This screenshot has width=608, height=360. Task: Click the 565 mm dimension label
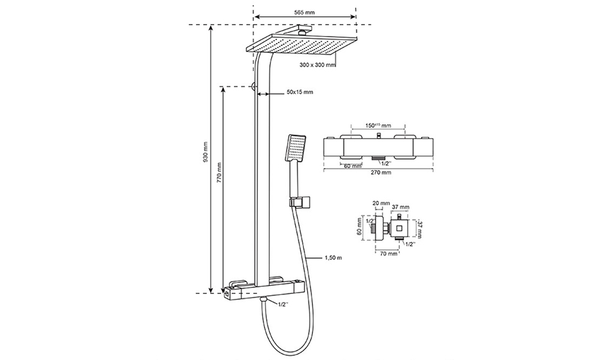point(305,12)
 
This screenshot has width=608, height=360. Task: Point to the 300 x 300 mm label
point(318,65)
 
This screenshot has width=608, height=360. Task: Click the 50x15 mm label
point(300,92)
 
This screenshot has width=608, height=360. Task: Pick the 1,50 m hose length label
point(333,257)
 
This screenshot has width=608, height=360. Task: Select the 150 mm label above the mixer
point(378,125)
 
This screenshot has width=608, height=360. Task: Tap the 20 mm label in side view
point(381,203)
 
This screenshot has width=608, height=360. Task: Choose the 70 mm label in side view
point(388,254)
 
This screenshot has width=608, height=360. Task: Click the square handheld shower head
point(296,148)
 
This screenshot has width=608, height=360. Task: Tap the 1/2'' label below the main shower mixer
point(284,304)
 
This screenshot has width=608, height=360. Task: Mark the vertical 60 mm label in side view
point(359,227)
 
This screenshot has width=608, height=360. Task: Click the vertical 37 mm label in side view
point(420,229)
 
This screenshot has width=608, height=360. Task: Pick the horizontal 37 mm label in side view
point(400,207)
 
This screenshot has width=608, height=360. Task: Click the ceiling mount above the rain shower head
point(303,30)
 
